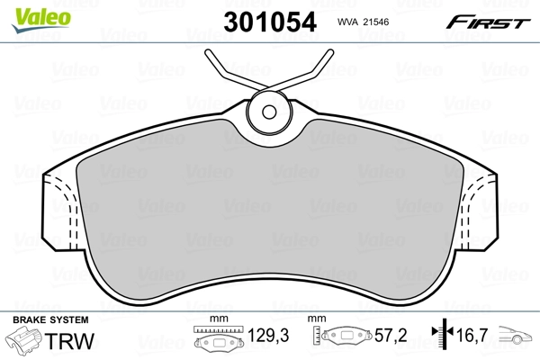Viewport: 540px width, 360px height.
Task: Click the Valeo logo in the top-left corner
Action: tap(30, 12)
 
